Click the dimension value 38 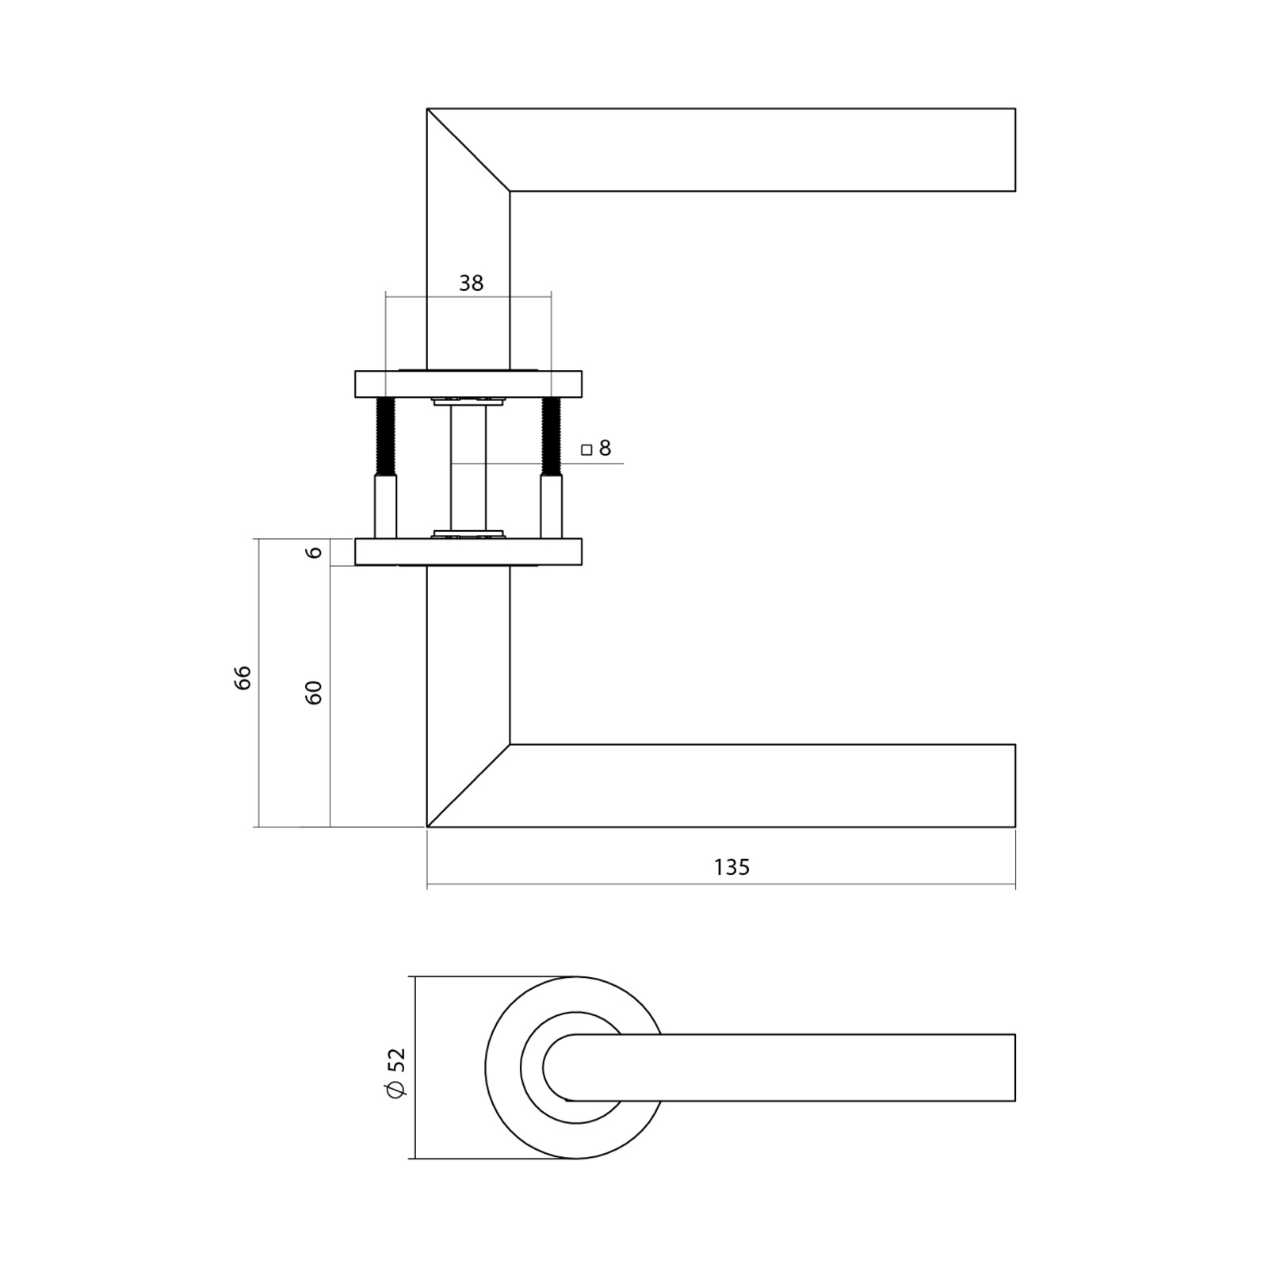point(471,283)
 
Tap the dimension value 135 point(731,867)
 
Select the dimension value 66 point(243,678)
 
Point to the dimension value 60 point(314,693)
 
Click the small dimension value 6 point(315,552)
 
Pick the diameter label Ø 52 point(395,1072)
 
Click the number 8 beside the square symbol point(605,449)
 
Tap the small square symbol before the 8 point(586,450)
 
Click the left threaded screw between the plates point(386,436)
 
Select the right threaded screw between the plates point(551,436)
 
